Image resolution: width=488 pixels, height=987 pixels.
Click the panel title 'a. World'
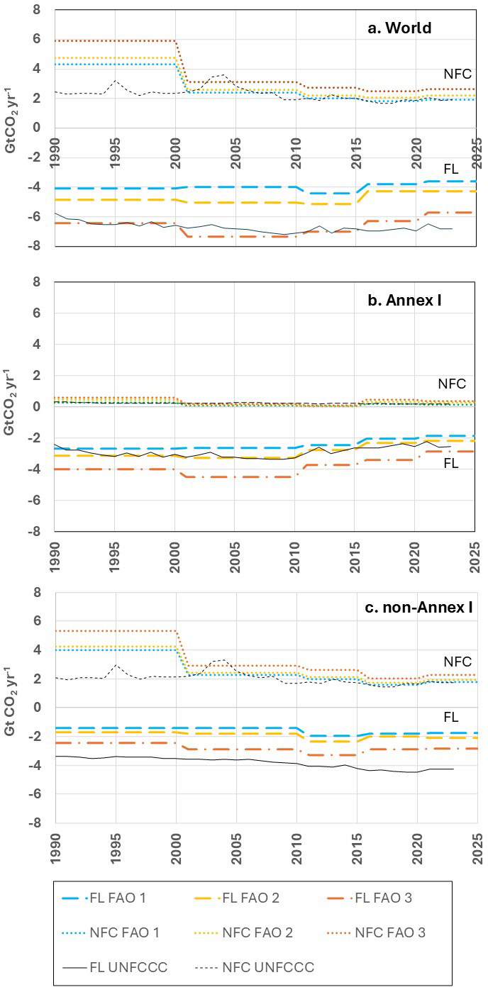[x=399, y=28]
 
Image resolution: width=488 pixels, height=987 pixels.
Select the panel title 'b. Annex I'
[x=404, y=300]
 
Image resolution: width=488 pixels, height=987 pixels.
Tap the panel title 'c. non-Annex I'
[x=418, y=607]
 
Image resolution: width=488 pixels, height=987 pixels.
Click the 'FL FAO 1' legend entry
[x=104, y=898]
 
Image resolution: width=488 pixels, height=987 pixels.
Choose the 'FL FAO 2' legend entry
[x=237, y=898]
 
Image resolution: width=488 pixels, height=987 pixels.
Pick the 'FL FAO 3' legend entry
[x=370, y=898]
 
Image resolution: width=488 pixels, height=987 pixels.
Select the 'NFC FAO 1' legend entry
[x=111, y=932]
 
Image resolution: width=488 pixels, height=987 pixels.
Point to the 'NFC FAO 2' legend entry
[x=244, y=932]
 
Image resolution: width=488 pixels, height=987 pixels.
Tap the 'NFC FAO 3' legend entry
[x=377, y=932]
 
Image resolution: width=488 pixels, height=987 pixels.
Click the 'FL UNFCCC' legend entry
[x=115, y=967]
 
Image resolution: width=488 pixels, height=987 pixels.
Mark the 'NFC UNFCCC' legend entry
[x=255, y=967]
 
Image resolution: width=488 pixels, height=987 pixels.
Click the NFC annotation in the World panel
[x=457, y=74]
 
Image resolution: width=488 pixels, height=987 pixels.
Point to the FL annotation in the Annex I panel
[x=451, y=463]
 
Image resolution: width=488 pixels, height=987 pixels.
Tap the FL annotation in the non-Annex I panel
[x=451, y=717]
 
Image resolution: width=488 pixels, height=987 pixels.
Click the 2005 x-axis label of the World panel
[x=235, y=153]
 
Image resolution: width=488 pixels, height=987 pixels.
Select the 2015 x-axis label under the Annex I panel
[x=355, y=557]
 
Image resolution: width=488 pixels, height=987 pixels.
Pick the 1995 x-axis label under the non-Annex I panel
[x=115, y=848]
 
